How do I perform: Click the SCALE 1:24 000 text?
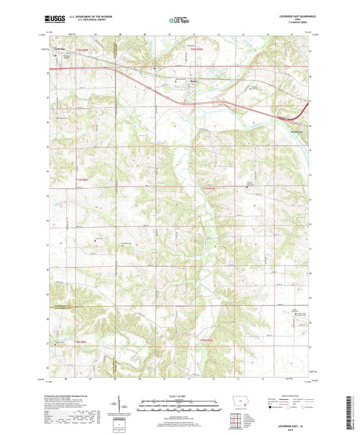pos(179,396)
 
